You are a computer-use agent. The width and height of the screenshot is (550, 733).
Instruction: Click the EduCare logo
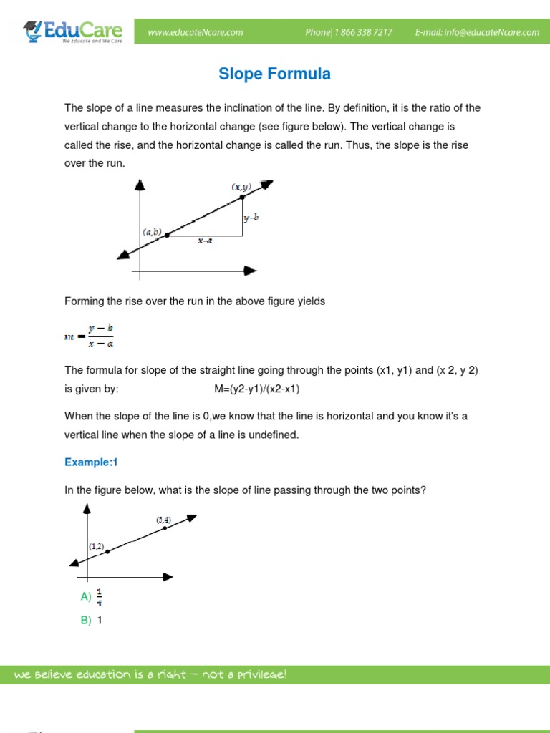coord(73,32)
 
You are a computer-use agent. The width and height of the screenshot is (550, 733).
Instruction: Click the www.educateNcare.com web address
coord(196,32)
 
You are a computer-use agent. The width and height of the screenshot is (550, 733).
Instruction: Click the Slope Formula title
coord(274,74)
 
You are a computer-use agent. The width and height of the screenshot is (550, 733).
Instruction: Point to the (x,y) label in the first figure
coord(241,186)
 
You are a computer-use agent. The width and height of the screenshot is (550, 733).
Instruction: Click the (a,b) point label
coord(152,232)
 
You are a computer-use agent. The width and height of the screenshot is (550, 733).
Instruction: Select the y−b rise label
coord(251,217)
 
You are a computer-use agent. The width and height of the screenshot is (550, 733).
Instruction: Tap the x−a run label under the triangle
coord(205,241)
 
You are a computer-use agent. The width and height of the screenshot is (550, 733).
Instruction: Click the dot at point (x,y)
coord(242,197)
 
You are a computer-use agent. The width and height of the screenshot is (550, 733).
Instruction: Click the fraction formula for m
coord(90,335)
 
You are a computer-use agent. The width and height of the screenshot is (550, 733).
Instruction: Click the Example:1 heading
coord(91,462)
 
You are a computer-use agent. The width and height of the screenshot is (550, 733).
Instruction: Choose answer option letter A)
coord(86,596)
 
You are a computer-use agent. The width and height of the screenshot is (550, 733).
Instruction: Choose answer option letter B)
coord(86,621)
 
